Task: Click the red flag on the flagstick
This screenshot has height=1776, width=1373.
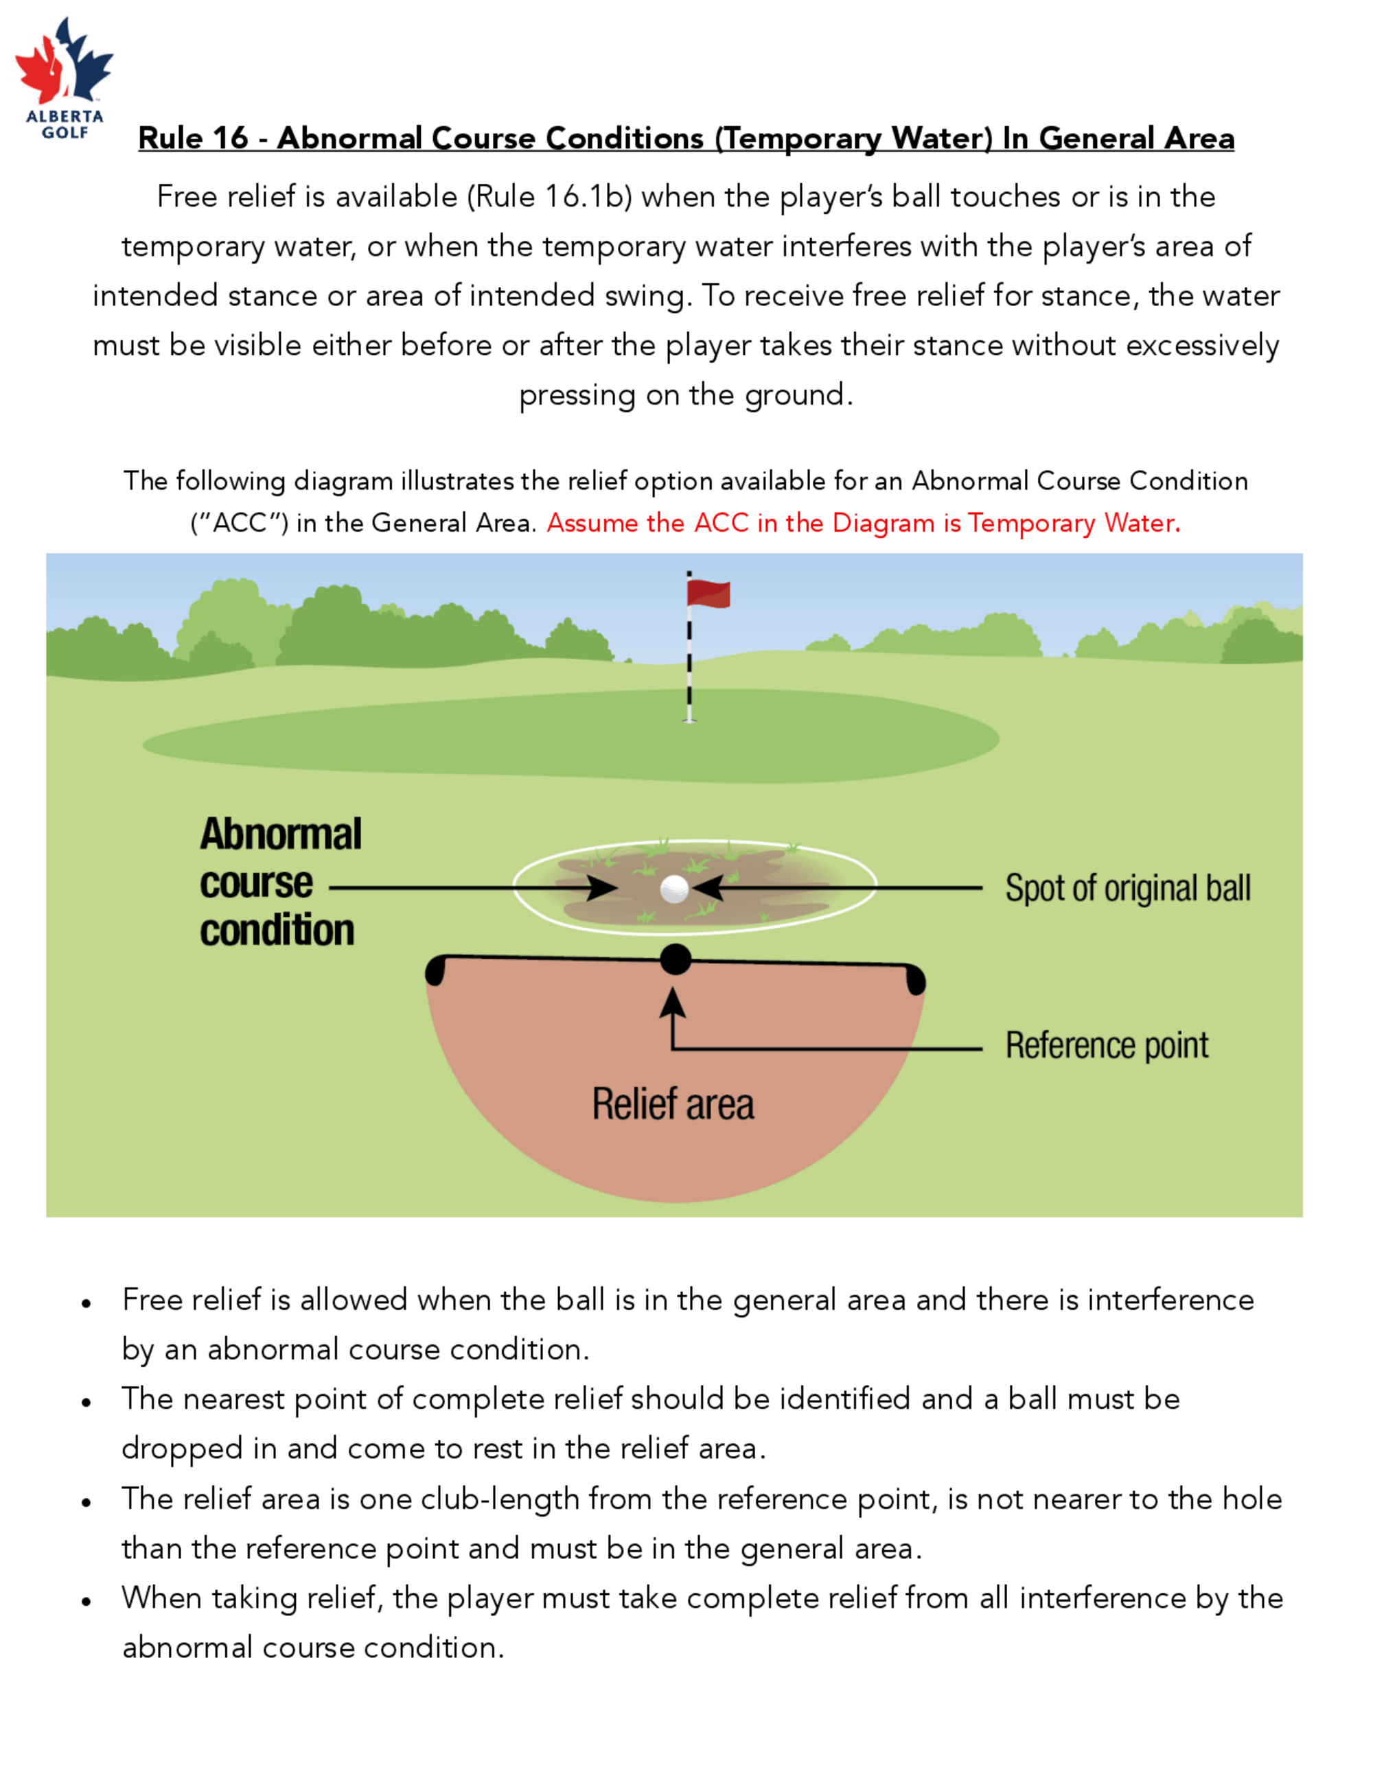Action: point(708,594)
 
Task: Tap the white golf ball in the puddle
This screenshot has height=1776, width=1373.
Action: point(674,889)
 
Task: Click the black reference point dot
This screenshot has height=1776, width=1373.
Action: point(675,959)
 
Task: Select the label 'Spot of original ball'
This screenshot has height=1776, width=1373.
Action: point(1128,888)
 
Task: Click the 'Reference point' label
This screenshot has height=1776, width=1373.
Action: point(1107,1046)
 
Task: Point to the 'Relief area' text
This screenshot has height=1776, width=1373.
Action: point(673,1103)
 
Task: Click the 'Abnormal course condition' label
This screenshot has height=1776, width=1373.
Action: point(281,883)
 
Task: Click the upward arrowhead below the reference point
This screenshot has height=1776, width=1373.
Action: point(672,1003)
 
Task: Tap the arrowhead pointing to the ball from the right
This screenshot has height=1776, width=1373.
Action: point(708,888)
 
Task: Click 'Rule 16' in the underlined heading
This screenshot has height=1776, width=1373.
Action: point(193,138)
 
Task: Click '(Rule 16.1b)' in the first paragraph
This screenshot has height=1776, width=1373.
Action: point(549,197)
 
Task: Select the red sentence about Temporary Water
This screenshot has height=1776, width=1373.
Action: point(863,523)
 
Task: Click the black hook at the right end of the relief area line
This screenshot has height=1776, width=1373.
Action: point(916,980)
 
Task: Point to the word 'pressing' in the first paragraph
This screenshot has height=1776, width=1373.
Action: point(578,396)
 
